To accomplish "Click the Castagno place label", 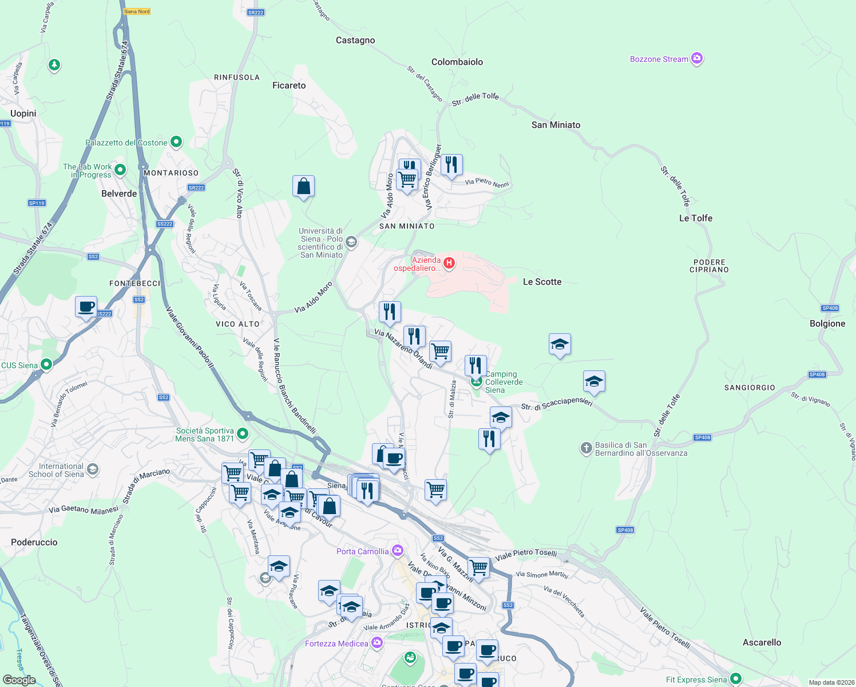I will pyautogui.click(x=355, y=40).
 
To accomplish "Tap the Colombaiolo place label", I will pyautogui.click(x=457, y=62).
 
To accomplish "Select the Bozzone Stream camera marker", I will pyautogui.click(x=696, y=58).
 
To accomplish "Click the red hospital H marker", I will pyautogui.click(x=449, y=263).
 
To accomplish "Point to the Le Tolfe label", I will pyautogui.click(x=695, y=218).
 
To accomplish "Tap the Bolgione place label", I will pyautogui.click(x=827, y=323).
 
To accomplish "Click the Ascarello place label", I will pyautogui.click(x=762, y=642).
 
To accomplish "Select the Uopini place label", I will pyautogui.click(x=23, y=113).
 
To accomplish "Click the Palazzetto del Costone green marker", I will pyautogui.click(x=176, y=141).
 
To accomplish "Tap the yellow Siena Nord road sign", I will pyautogui.click(x=137, y=11).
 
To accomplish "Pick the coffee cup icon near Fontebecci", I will pyautogui.click(x=86, y=307).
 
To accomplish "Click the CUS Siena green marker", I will pyautogui.click(x=46, y=364).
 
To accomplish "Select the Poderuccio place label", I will pyautogui.click(x=34, y=542).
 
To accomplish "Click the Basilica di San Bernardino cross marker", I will pyautogui.click(x=586, y=448).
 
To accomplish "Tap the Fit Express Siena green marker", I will pyautogui.click(x=735, y=679).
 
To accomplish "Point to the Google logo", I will pyautogui.click(x=19, y=680).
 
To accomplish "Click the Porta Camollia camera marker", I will pyautogui.click(x=397, y=551).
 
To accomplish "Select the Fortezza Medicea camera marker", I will pyautogui.click(x=377, y=643).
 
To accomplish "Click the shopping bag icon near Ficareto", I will pyautogui.click(x=303, y=186).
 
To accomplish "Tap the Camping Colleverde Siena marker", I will pyautogui.click(x=476, y=381).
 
